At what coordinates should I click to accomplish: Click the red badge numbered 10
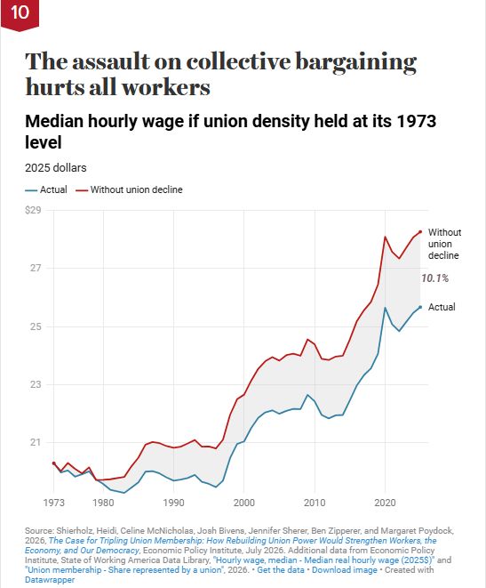[20, 14]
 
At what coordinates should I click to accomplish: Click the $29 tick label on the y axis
[33, 210]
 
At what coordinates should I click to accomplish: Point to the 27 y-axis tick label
[36, 268]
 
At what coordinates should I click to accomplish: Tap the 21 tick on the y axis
[36, 442]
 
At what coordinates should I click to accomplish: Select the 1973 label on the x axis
[54, 503]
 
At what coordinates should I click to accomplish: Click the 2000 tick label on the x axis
[244, 503]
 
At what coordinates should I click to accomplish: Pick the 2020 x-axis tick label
[385, 503]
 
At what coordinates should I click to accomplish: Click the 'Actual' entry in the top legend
[46, 189]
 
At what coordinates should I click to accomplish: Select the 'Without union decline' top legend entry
[129, 189]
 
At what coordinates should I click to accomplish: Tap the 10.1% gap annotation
[434, 278]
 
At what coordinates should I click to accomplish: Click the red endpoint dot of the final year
[420, 232]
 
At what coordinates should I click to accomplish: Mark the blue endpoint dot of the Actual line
[420, 307]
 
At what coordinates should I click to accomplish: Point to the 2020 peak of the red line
[385, 237]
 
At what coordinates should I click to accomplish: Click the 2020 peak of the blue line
[385, 308]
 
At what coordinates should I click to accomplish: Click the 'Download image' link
[345, 570]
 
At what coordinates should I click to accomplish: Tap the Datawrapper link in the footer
[50, 580]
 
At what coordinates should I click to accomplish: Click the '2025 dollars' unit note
[56, 167]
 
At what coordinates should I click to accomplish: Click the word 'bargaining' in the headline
[355, 62]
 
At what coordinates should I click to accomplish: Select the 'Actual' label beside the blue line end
[442, 307]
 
